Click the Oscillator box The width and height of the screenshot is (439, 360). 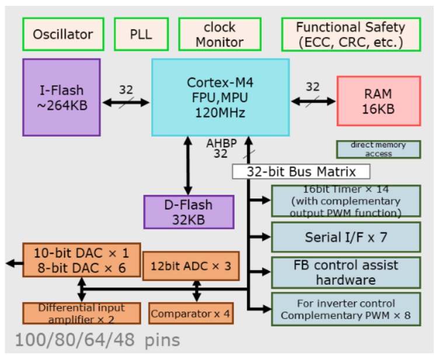click(63, 34)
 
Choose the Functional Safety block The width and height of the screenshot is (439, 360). click(350, 34)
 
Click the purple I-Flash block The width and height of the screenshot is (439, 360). click(62, 97)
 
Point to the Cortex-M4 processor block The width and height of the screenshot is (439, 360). click(220, 97)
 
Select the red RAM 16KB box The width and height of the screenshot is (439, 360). click(379, 100)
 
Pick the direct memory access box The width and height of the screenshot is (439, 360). click(379, 149)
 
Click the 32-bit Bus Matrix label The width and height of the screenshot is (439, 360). click(301, 172)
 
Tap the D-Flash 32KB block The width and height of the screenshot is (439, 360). click(189, 211)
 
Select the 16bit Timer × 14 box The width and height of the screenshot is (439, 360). click(346, 201)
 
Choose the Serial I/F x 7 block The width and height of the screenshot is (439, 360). click(346, 237)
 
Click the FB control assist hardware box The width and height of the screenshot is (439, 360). click(346, 272)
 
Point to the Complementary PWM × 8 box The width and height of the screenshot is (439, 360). click(346, 309)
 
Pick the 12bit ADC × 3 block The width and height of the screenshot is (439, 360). click(191, 265)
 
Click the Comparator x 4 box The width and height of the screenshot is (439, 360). click(190, 314)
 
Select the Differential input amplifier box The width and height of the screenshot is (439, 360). click(81, 313)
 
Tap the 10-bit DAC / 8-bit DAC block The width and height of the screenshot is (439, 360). click(81, 260)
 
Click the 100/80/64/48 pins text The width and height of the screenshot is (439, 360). click(97, 340)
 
